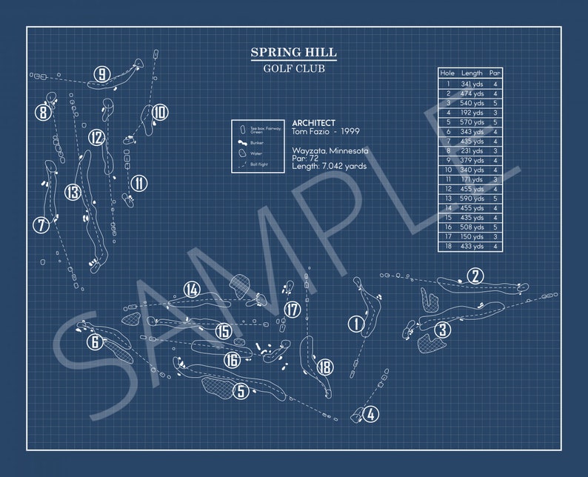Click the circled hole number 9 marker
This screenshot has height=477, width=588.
tap(101, 73)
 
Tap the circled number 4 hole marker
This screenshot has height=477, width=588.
tap(370, 415)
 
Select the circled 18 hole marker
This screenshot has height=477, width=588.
tap(324, 367)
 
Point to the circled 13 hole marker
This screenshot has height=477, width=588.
tap(72, 193)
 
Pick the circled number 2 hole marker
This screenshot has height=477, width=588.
tap(475, 276)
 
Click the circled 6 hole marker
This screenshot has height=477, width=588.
tap(94, 341)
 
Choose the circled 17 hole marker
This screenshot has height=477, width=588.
tap(293, 310)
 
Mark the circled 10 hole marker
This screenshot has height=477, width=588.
tap(160, 113)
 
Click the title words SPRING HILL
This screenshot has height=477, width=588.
tap(293, 53)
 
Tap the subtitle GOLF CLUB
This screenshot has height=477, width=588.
tap(293, 69)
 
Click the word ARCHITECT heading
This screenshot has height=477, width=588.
tap(313, 123)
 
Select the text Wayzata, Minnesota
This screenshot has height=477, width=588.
tap(330, 150)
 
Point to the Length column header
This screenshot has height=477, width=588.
tap(472, 73)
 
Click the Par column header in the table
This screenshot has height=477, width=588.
tap(495, 73)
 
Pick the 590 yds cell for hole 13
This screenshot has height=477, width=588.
tap(472, 199)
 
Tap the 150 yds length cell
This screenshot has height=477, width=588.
tap(472, 236)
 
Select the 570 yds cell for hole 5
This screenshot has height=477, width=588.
tap(472, 121)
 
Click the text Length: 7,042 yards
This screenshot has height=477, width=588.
tap(329, 167)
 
